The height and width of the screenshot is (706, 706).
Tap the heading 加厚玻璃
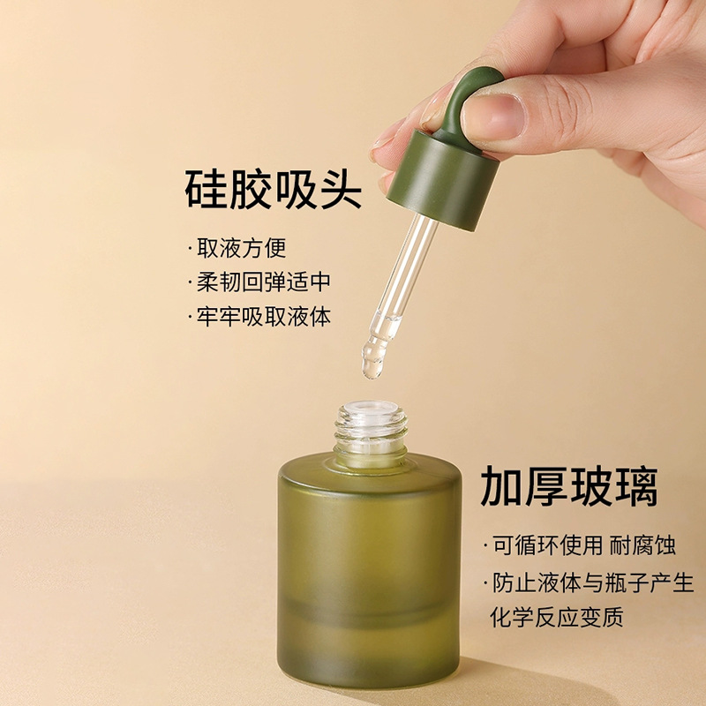pos(569,486)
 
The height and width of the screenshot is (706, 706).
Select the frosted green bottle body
pos(371,565)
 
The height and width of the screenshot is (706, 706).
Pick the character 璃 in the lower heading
pos(636,486)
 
